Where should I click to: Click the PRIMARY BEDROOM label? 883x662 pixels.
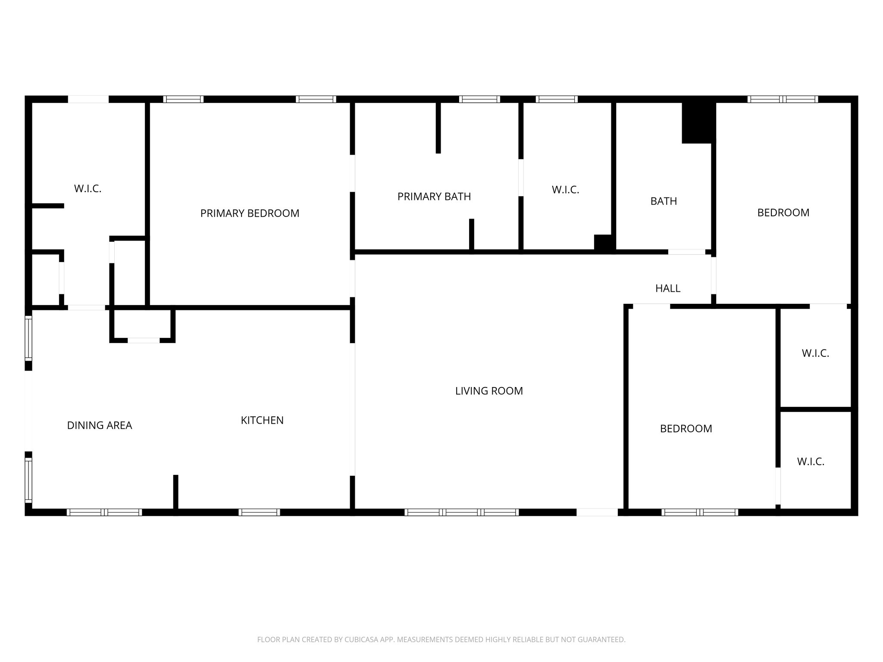point(250,213)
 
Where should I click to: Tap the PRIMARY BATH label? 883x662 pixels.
point(434,197)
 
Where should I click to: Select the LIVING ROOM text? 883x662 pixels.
point(489,391)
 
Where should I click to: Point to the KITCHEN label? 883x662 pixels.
point(262,420)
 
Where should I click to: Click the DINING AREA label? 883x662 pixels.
point(100,425)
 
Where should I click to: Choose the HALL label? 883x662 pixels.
point(668,288)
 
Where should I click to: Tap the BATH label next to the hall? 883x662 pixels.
point(664,201)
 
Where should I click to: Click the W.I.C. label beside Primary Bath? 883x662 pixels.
point(565,190)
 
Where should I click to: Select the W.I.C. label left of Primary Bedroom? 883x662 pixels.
point(88,188)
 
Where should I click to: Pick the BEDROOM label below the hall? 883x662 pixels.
point(686,428)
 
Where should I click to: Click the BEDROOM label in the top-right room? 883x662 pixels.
point(783,212)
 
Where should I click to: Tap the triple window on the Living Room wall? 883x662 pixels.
point(462,512)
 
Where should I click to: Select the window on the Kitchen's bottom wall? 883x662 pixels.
point(259,512)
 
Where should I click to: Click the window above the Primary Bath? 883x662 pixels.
point(479,99)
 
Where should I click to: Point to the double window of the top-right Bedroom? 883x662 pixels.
point(783,99)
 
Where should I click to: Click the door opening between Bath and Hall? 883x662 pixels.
point(686,252)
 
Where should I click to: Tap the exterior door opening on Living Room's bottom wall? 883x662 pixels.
point(597,512)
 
